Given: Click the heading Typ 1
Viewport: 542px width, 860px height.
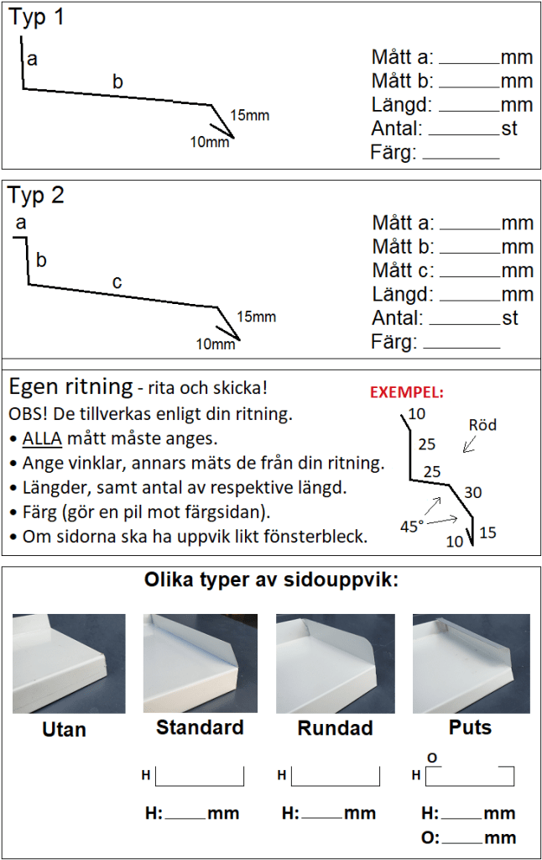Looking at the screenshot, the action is point(36,18).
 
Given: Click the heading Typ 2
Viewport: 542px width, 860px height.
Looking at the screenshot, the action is point(36,196).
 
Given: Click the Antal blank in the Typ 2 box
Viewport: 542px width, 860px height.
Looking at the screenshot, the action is point(466,324).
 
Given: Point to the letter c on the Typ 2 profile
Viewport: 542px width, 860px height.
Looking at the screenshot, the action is point(117,282).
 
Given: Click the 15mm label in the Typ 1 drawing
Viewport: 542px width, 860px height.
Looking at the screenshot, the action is point(250,115).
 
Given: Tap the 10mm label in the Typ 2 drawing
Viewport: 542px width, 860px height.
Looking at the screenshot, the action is point(216,343).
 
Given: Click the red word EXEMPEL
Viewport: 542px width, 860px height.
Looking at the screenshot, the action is point(407,392).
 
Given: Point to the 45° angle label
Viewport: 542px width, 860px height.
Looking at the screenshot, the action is point(412,527).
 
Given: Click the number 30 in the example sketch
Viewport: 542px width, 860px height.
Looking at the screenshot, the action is point(473,492).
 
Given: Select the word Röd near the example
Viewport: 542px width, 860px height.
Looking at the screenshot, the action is point(482,425).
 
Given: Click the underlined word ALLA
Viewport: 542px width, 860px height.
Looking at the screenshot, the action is point(42,438).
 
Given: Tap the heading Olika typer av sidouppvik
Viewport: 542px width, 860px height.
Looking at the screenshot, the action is point(271,579).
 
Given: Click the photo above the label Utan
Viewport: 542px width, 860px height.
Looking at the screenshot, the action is point(69,663).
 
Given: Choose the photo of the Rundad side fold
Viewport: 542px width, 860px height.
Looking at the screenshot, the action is point(336,663).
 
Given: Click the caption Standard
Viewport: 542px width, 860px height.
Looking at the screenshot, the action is point(200,727).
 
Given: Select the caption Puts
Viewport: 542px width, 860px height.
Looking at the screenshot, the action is point(470,727).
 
